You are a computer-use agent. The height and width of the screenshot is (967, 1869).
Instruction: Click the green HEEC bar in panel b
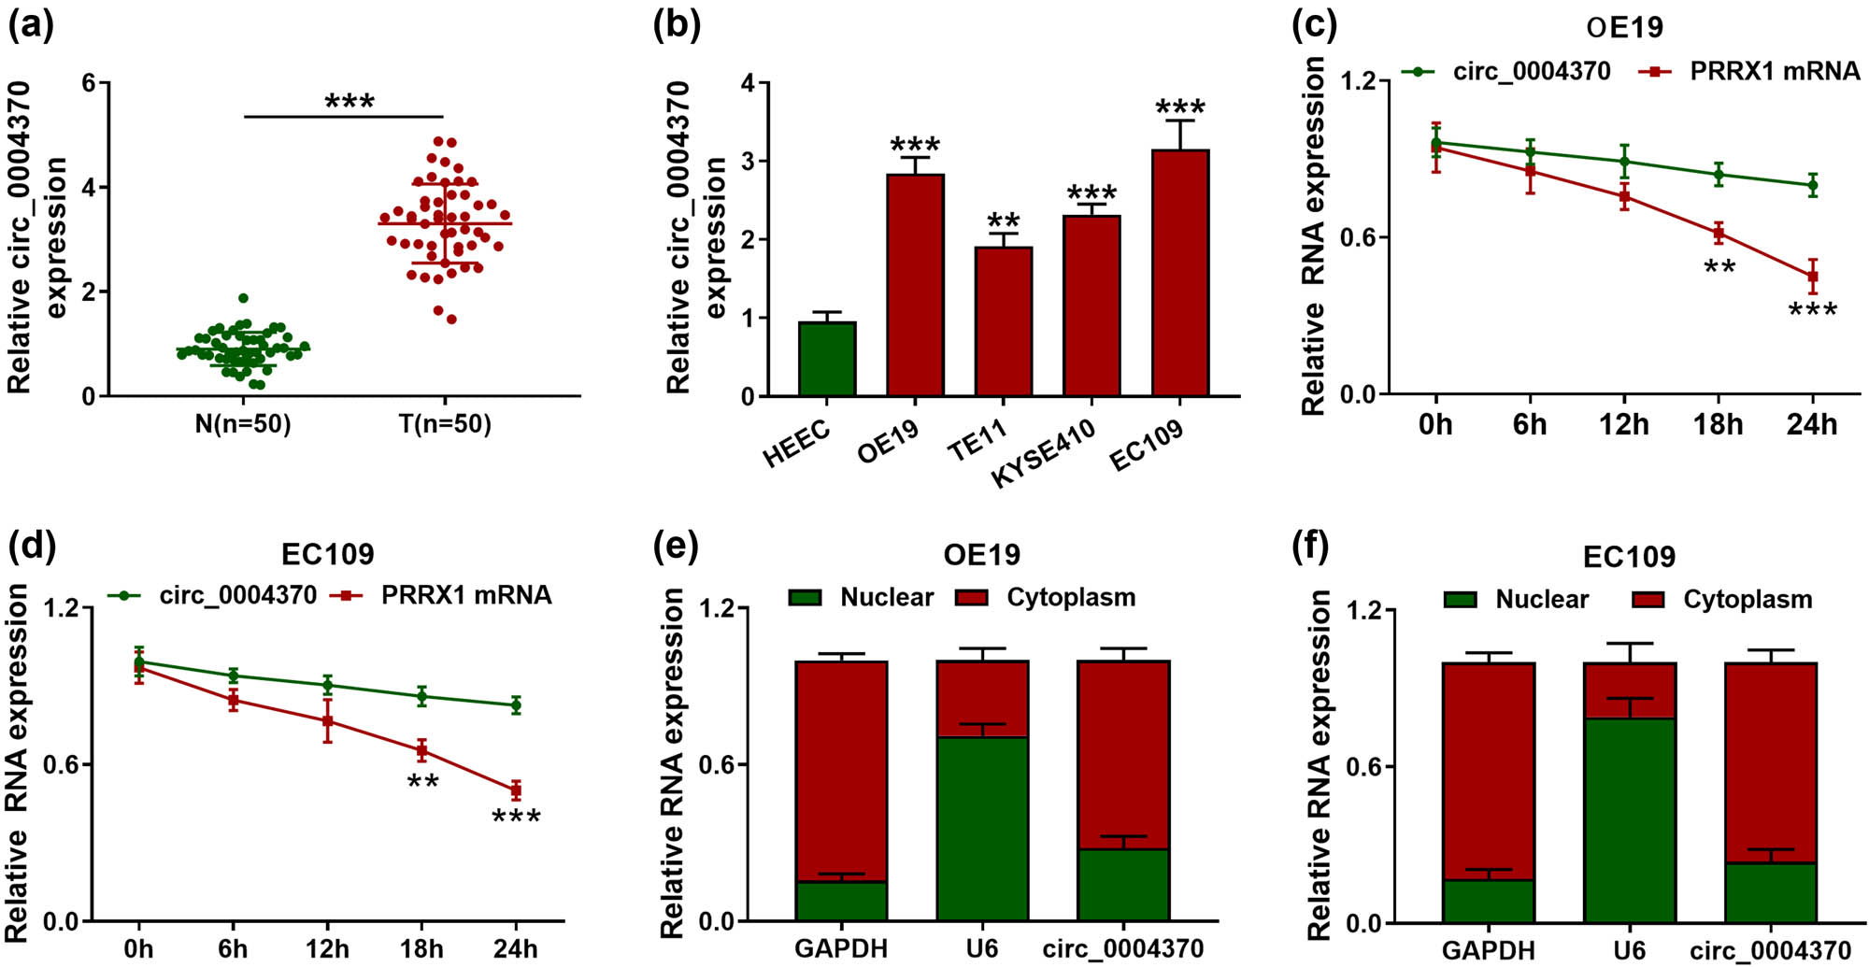827,360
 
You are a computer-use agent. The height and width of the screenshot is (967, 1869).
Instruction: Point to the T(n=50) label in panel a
445,424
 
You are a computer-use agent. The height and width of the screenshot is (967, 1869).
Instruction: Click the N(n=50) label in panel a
243,424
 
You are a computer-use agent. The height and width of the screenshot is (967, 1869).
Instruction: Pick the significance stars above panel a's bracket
350,102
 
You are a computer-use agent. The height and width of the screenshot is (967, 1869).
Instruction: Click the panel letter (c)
1313,25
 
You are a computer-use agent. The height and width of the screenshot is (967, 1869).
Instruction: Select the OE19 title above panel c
1624,28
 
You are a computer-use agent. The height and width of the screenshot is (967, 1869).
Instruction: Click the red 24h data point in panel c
1812,277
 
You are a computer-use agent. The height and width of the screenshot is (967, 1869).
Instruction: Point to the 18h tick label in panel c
1718,425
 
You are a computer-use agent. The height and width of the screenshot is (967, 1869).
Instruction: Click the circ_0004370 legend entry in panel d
237,595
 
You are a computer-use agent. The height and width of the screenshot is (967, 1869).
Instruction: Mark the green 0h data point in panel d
139,661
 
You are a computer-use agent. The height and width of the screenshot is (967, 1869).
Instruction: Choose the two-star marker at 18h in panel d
422,781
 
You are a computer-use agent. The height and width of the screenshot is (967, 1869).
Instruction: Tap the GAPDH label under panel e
841,949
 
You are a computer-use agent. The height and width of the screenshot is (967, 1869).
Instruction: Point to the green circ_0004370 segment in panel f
1770,892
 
